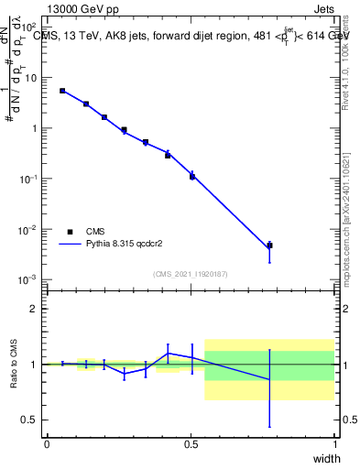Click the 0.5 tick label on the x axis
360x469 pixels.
[191, 444]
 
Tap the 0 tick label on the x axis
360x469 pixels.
[47, 444]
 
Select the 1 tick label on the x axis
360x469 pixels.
[335, 444]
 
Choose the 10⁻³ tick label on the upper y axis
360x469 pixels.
[27, 279]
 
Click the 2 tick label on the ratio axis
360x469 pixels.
[33, 309]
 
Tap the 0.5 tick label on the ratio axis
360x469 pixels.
[29, 420]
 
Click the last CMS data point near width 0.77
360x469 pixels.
[269, 245]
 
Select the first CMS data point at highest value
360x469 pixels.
[62, 91]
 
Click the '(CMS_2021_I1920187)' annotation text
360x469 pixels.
[191, 273]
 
